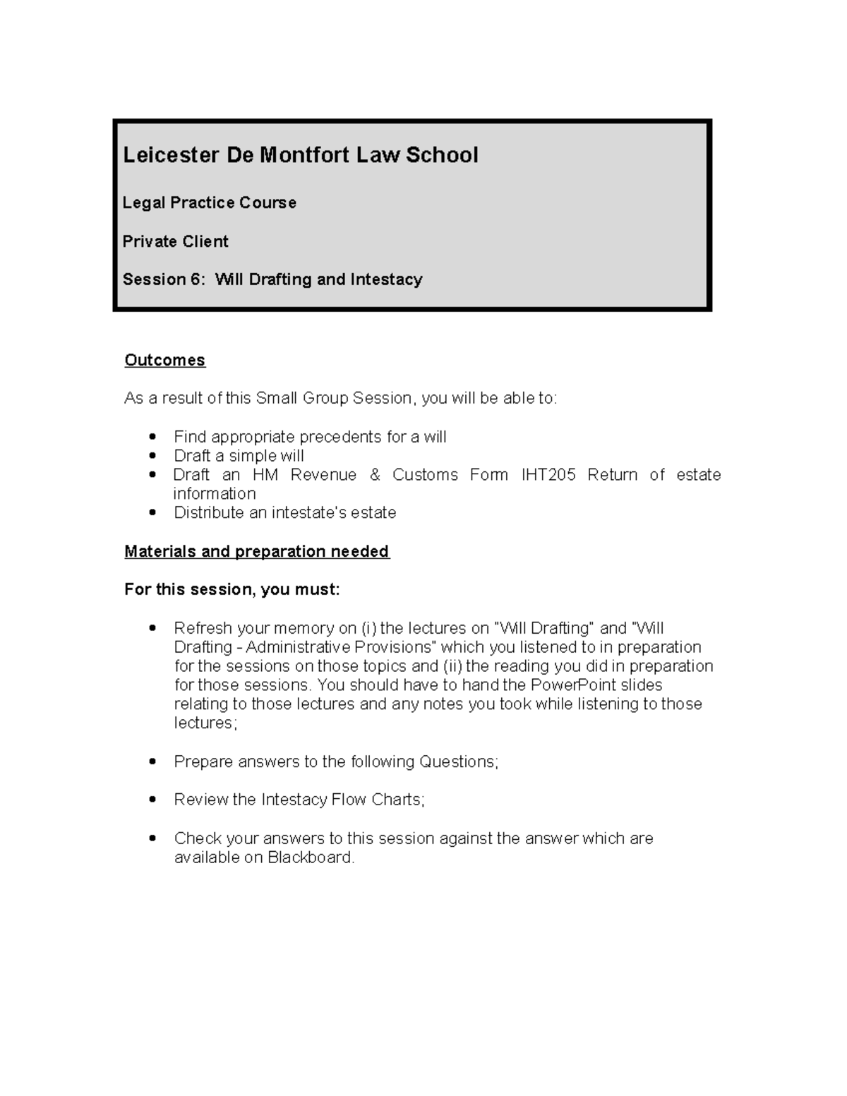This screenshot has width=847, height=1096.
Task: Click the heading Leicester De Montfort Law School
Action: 301,155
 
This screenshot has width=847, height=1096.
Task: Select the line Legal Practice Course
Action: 210,203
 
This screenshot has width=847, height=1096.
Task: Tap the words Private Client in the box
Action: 176,241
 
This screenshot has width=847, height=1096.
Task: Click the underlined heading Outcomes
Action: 164,360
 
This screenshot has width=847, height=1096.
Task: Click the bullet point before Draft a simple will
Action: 152,456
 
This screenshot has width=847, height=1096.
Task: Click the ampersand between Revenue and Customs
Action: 374,475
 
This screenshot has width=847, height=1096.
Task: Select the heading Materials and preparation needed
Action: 256,551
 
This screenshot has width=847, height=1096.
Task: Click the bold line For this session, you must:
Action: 232,589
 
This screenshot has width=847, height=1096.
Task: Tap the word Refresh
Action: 203,628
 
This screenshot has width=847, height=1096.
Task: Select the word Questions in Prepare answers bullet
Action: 458,762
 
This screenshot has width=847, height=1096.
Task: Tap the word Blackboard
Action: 310,857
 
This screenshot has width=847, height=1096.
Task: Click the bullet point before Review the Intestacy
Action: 152,800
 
